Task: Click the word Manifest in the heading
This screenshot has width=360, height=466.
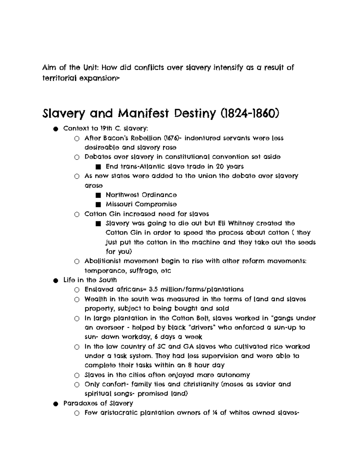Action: pyautogui.click(x=141, y=113)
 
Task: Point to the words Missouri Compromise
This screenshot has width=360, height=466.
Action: pyautogui.click(x=141, y=204)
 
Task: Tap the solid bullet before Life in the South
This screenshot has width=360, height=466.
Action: pyautogui.click(x=55, y=281)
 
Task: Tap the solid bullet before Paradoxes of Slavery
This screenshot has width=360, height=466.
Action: pyautogui.click(x=55, y=404)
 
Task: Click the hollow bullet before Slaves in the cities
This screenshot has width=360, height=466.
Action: pyautogui.click(x=77, y=375)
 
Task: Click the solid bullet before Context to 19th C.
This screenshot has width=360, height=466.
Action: pyautogui.click(x=55, y=129)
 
